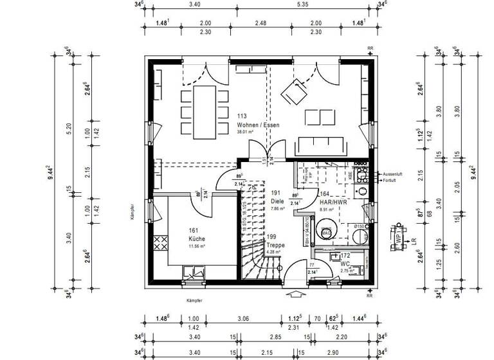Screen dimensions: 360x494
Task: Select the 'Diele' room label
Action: (277, 201)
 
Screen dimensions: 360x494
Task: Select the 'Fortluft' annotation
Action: (390, 181)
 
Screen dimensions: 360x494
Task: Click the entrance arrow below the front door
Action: (296, 295)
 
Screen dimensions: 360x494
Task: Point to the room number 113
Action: (242, 116)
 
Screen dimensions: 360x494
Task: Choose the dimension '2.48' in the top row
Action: (260, 23)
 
